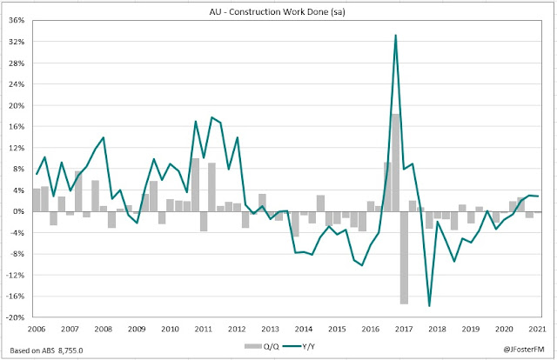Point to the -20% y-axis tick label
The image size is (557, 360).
[16, 317]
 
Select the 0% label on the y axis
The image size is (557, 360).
[20, 211]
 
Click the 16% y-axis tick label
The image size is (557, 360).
[17, 127]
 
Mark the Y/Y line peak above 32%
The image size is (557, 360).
[396, 36]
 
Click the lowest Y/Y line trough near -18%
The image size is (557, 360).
[429, 306]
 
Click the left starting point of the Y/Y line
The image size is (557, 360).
[37, 175]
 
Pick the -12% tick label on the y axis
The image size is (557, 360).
[16, 275]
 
